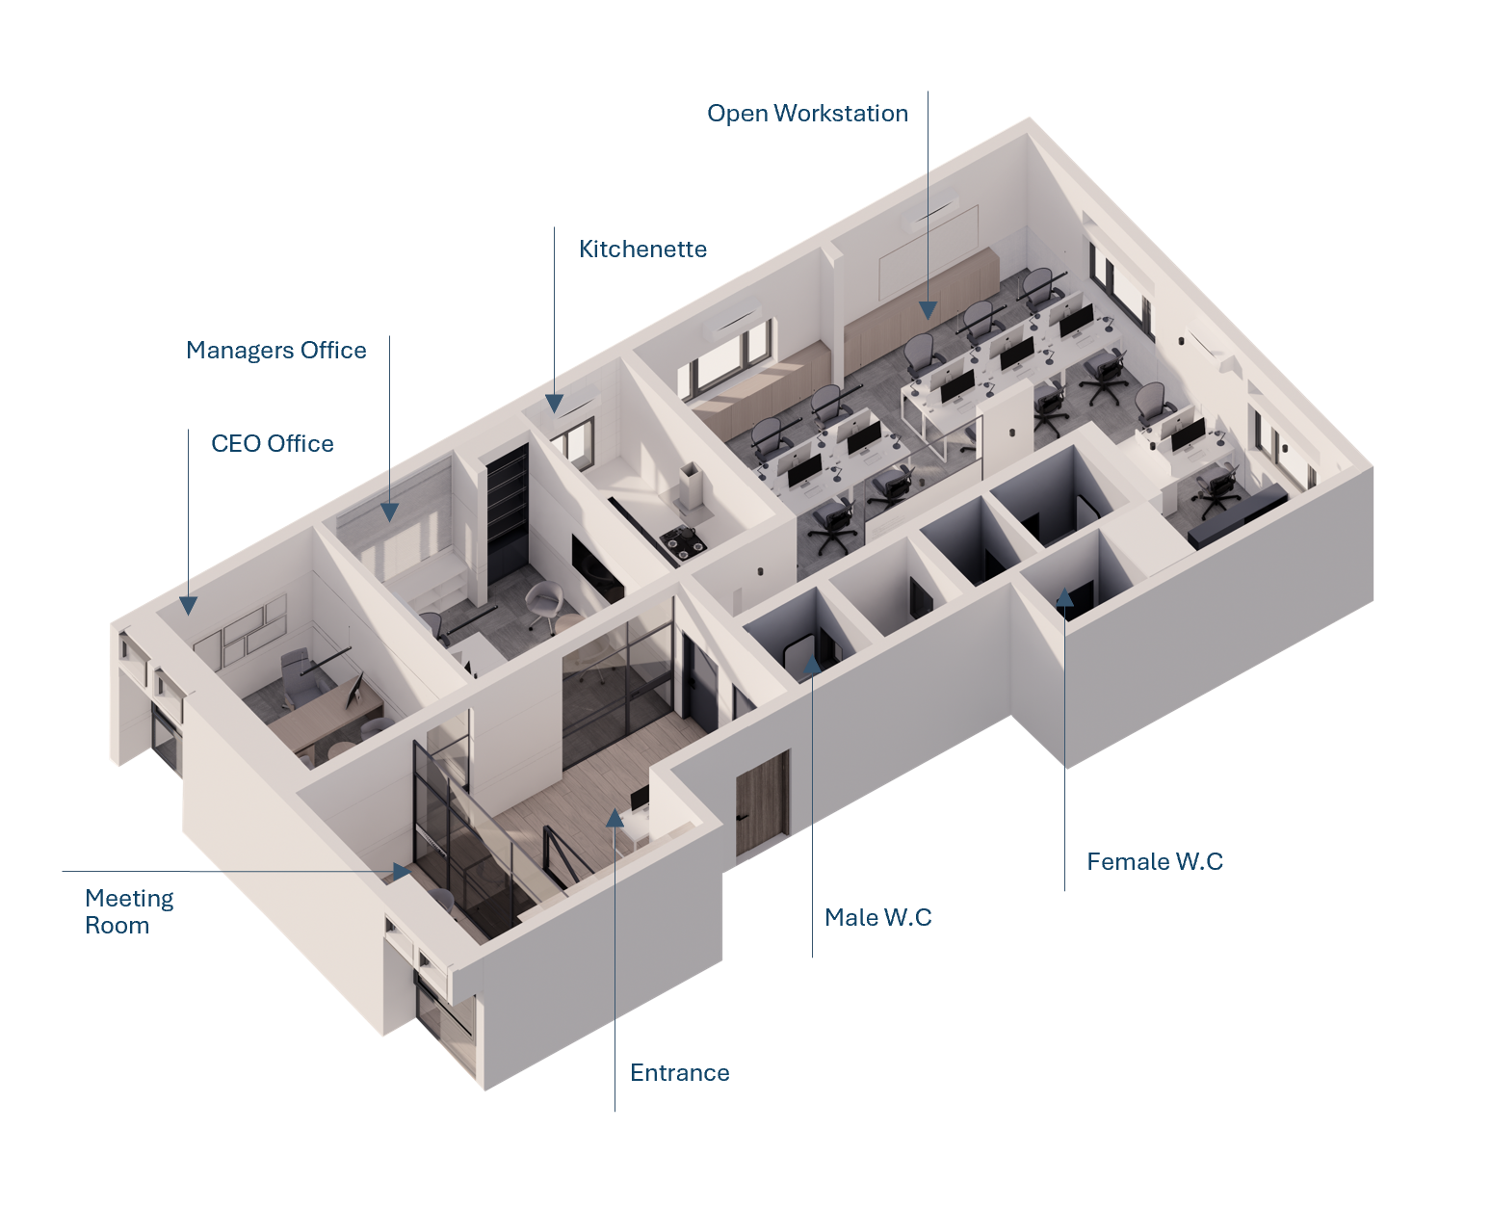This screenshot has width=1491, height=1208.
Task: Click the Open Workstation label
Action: [x=807, y=114]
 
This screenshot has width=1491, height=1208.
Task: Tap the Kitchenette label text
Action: [x=642, y=249]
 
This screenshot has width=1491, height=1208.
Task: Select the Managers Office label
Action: [x=275, y=351]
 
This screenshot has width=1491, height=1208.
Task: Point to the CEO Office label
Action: [x=273, y=444]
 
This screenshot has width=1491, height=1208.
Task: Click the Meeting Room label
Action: [x=129, y=911]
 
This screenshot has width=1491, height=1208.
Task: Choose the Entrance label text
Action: [x=679, y=1073]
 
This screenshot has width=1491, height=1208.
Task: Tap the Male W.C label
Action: [x=877, y=918]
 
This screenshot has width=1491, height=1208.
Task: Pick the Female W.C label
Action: [x=1154, y=862]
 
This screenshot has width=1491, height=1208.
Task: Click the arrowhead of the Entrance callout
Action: [x=615, y=818]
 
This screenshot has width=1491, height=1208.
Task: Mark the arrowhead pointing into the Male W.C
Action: [x=812, y=664]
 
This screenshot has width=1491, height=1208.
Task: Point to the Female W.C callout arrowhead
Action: [x=1064, y=597]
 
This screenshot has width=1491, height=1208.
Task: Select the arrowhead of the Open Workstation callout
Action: [x=928, y=310]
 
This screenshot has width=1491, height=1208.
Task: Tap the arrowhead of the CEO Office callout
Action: [x=189, y=606]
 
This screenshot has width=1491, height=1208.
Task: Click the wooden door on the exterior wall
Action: [x=762, y=803]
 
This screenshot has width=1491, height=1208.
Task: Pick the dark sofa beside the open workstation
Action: [x=1237, y=514]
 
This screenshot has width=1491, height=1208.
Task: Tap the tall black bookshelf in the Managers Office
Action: [x=507, y=515]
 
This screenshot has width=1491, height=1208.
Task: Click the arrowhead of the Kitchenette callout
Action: [x=555, y=404]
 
